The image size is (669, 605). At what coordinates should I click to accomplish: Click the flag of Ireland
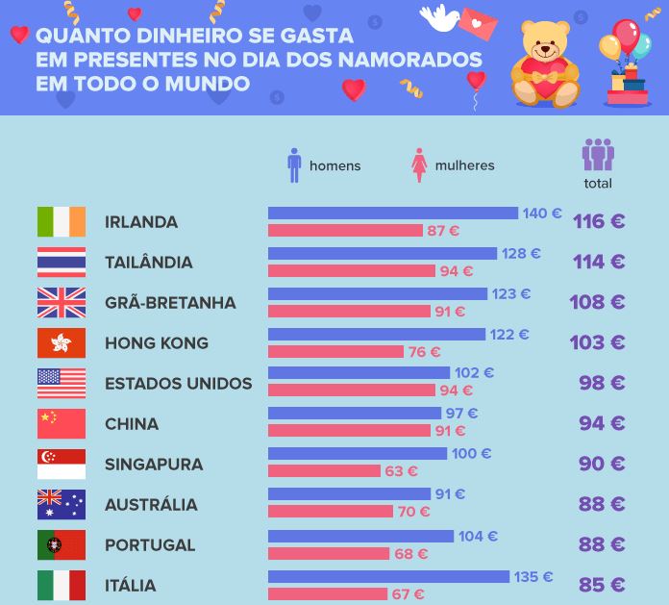pyautogui.click(x=62, y=221)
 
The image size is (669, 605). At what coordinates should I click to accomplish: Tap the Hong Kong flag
pyautogui.click(x=62, y=342)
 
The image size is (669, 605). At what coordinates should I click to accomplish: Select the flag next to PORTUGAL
pyautogui.click(x=62, y=544)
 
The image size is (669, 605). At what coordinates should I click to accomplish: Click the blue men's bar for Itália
pyautogui.click(x=388, y=576)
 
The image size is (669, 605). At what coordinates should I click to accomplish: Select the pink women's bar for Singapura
pyautogui.click(x=324, y=471)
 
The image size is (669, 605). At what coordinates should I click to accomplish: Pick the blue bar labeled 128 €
pyautogui.click(x=383, y=253)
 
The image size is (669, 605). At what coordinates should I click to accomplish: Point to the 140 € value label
pyautogui.click(x=542, y=214)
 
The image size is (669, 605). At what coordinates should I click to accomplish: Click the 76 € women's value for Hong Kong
pyautogui.click(x=424, y=352)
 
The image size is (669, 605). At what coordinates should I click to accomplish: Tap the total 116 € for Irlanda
pyautogui.click(x=599, y=221)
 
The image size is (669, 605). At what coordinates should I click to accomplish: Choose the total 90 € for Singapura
pyautogui.click(x=602, y=464)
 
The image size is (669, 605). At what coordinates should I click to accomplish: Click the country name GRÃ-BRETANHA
pyautogui.click(x=170, y=303)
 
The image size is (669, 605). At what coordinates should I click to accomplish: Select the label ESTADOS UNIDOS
pyautogui.click(x=179, y=384)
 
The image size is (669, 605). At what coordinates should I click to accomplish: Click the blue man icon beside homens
pyautogui.click(x=294, y=165)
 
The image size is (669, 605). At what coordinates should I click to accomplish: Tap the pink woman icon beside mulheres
pyautogui.click(x=419, y=165)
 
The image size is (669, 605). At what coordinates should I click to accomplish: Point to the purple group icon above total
pyautogui.click(x=598, y=154)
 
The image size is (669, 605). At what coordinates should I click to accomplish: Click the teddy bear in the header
pyautogui.click(x=546, y=63)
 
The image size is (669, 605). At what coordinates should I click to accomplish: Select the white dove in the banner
pyautogui.click(x=439, y=18)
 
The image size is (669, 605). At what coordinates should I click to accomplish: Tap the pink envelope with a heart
pyautogui.click(x=478, y=24)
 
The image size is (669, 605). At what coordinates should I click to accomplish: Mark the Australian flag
pyautogui.click(x=62, y=504)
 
